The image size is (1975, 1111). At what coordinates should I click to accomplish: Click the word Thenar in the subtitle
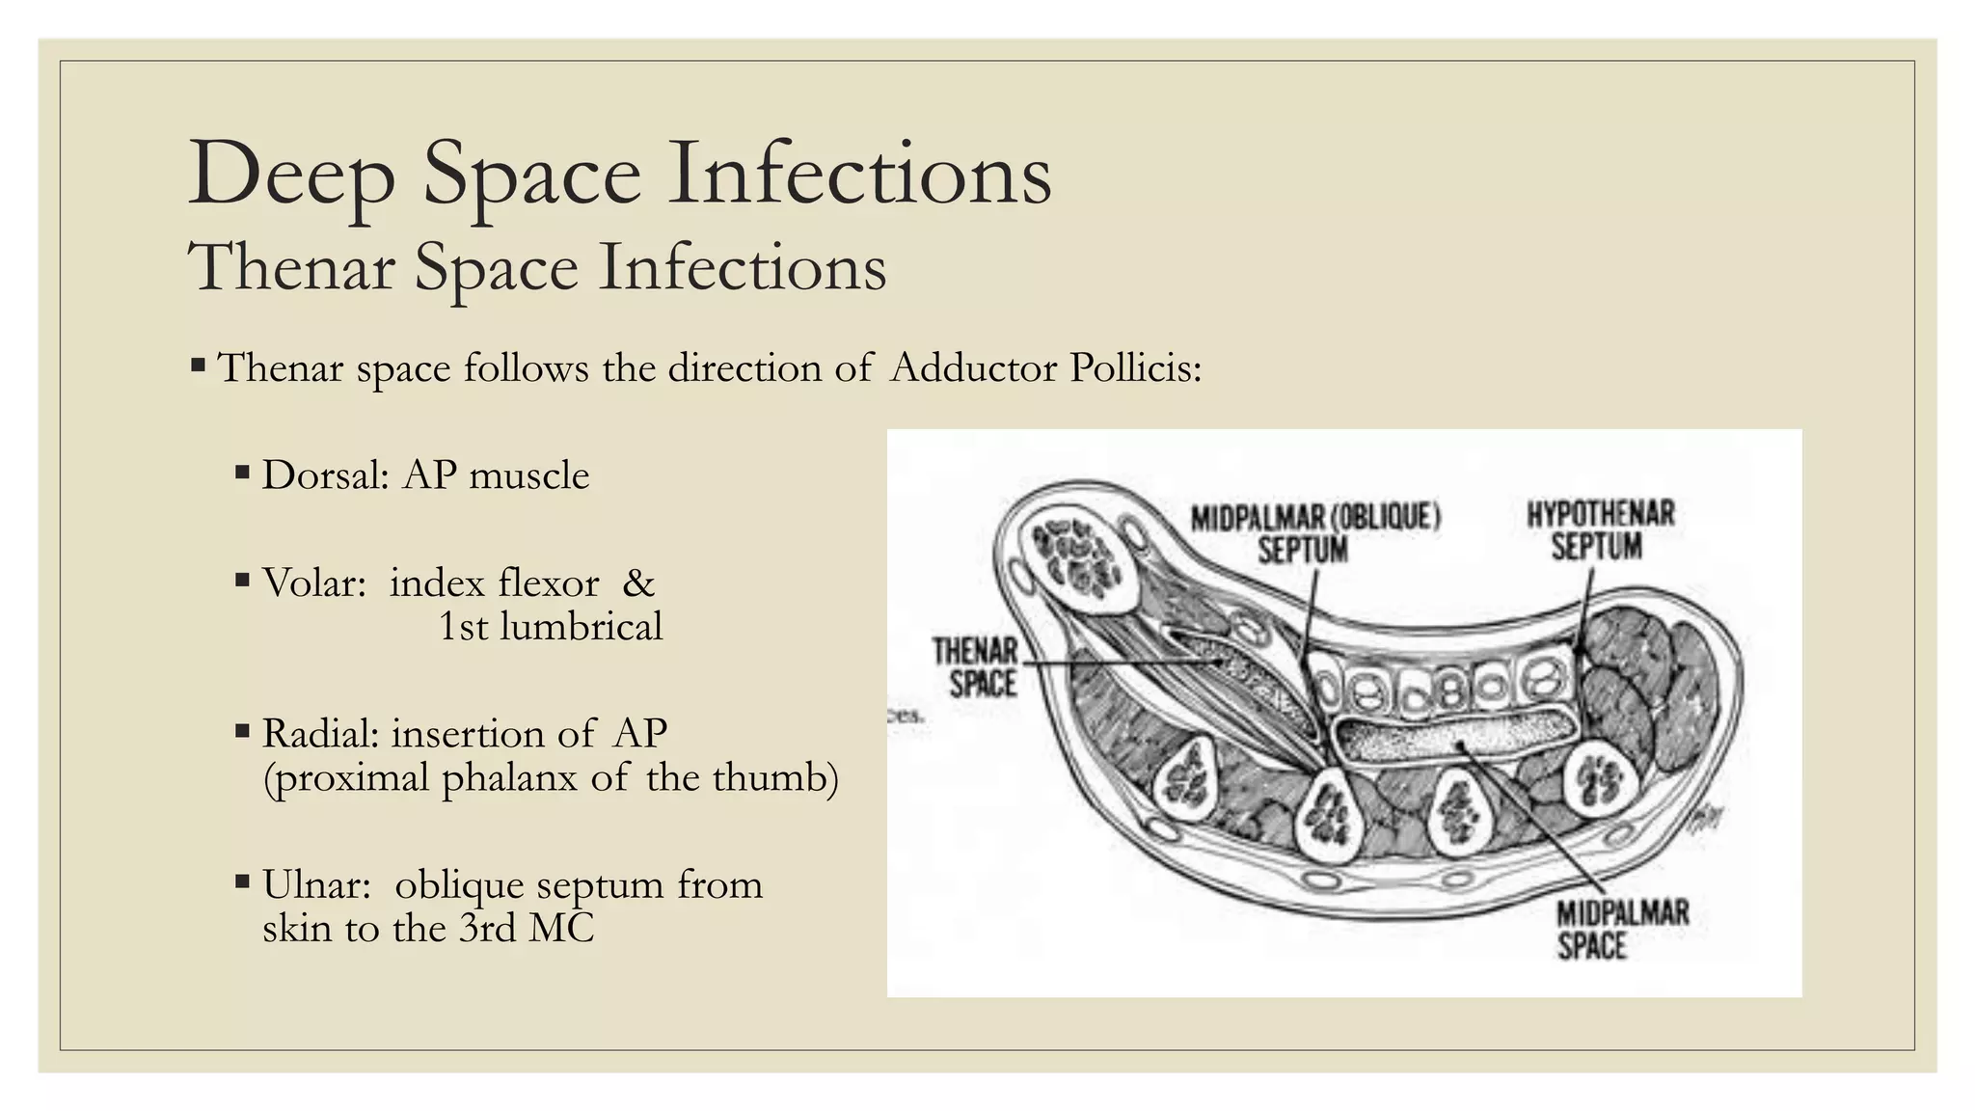(x=291, y=267)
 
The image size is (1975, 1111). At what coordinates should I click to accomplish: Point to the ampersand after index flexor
(x=638, y=583)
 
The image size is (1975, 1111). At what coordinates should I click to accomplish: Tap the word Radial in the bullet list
(x=320, y=734)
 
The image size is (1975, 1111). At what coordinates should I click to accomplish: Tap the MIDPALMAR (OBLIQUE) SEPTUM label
(x=1314, y=533)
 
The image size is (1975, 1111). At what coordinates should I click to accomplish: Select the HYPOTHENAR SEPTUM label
(x=1600, y=529)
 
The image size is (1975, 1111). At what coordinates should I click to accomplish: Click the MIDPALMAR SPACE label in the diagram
(x=1622, y=930)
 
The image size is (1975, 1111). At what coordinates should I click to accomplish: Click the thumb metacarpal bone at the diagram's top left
(x=1079, y=560)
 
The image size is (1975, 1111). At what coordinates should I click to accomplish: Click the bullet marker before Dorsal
(x=242, y=474)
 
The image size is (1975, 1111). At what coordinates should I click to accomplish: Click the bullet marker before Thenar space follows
(x=198, y=366)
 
